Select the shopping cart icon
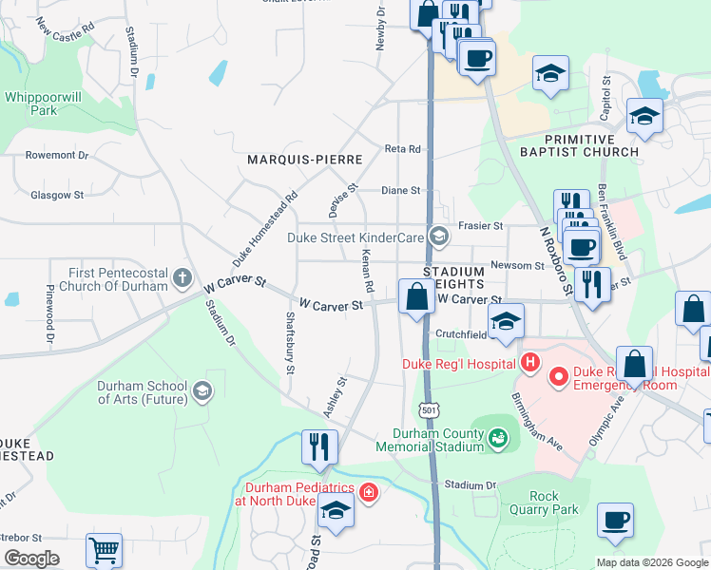pyautogui.click(x=104, y=550)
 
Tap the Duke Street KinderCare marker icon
pyautogui.click(x=438, y=237)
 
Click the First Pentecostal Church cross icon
pyautogui.click(x=183, y=278)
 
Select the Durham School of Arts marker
pyautogui.click(x=202, y=390)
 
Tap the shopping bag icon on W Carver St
pyautogui.click(x=416, y=296)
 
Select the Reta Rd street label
pyautogui.click(x=402, y=149)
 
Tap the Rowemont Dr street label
pyautogui.click(x=56, y=155)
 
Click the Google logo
pyautogui.click(x=31, y=559)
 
